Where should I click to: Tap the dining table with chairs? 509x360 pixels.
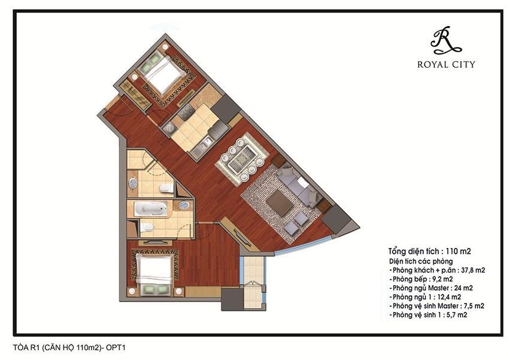(242, 157)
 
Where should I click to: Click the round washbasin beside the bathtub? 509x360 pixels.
(184, 205)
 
